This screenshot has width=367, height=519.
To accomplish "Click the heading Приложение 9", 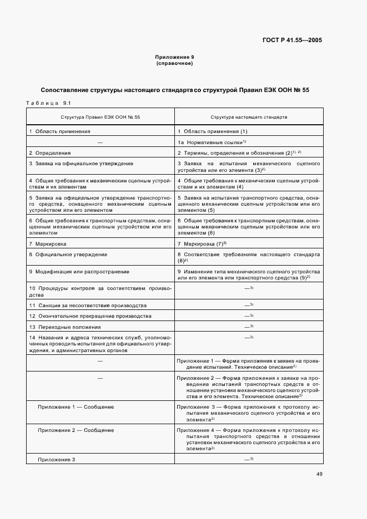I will coord(174,57).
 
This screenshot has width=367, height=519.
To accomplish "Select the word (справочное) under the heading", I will coord(174,63).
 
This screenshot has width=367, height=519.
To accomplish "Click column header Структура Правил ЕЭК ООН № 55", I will coord(100,118).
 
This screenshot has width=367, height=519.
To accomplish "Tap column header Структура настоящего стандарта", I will coord(249,118).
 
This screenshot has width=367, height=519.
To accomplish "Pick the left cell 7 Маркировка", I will coord(48,244).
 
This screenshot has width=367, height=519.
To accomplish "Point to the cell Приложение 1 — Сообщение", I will coord(76,407).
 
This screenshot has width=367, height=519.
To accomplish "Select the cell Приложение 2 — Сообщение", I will coord(76,430).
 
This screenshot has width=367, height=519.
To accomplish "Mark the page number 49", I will coord(319,474).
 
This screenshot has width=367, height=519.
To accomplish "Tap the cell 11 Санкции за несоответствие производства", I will coord(88,306).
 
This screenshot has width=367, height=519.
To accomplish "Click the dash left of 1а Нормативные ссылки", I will coord(100,143).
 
